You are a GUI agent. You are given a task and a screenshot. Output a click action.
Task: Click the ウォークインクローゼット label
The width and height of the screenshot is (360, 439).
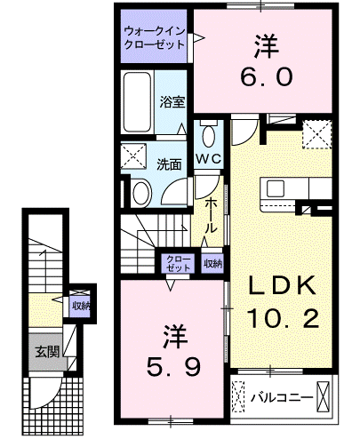[155, 38]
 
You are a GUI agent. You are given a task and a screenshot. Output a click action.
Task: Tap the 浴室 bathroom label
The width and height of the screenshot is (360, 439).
[172, 102]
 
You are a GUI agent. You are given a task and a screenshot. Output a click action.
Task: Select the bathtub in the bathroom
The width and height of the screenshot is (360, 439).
[138, 102]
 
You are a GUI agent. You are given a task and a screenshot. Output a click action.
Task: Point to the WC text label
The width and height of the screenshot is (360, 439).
[209, 159]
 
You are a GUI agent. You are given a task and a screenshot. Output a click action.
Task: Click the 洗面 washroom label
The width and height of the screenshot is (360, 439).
[169, 164]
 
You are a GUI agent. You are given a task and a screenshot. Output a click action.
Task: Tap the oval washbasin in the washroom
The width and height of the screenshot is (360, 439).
[142, 193]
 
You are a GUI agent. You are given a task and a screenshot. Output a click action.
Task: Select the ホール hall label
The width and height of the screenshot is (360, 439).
[211, 215]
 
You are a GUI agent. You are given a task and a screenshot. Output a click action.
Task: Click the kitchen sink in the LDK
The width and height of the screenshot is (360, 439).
[276, 188]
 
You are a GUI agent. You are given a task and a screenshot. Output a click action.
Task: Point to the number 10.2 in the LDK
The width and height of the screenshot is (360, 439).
[283, 317]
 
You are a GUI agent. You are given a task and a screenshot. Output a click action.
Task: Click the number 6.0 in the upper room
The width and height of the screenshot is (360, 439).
[267, 76]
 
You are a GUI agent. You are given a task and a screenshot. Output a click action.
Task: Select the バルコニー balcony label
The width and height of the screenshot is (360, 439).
[282, 397]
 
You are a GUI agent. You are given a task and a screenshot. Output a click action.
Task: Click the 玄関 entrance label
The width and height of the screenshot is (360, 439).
[47, 352]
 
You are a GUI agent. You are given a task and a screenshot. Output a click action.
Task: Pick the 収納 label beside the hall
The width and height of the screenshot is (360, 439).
[212, 263]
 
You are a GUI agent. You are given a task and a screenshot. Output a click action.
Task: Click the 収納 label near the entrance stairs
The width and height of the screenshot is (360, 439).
[81, 307]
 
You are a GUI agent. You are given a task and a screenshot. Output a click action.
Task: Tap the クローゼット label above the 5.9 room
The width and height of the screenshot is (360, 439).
[179, 263]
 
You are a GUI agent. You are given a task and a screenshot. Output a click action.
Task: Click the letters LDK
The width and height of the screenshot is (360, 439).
[282, 285]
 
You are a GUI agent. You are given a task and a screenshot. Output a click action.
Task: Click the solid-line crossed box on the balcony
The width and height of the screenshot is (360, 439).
[323, 397]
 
